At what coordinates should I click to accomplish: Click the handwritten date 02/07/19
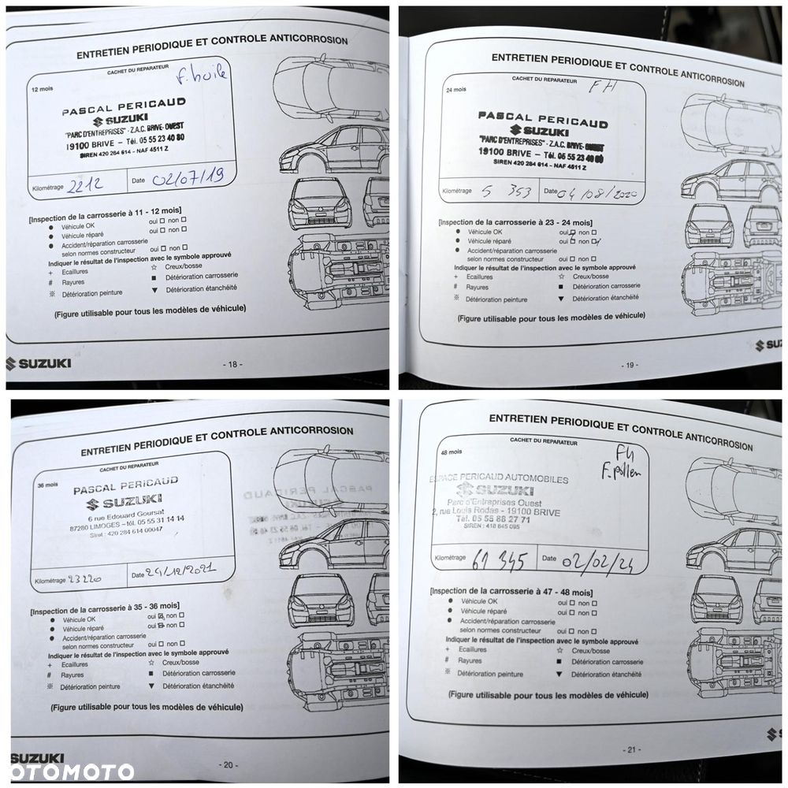[x=190, y=177]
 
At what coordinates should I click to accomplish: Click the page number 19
[x=629, y=365]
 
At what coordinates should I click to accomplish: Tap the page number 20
[x=228, y=764]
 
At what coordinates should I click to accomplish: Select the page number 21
[x=630, y=749]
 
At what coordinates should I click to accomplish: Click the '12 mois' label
[x=39, y=89]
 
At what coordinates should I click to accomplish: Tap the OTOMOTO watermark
[x=72, y=771]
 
